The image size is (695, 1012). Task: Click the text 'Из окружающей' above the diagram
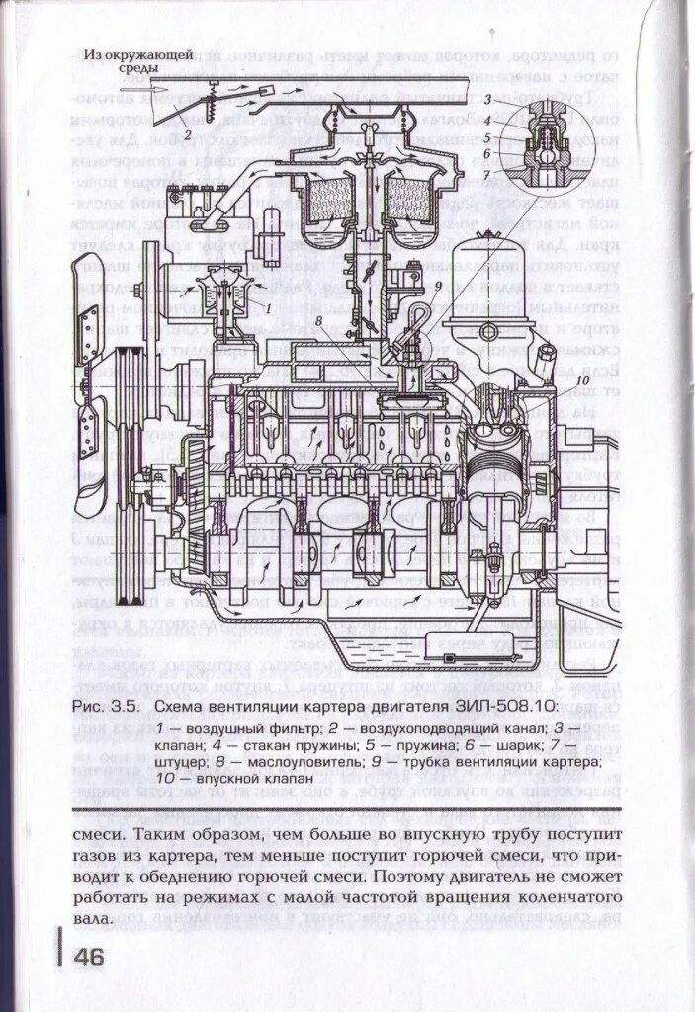coord(136,54)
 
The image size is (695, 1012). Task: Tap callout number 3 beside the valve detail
coord(487,100)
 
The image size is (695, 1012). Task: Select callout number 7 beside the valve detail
coord(487,175)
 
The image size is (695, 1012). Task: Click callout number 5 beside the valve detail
coord(487,137)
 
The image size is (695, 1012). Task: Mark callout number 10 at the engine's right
coord(581,379)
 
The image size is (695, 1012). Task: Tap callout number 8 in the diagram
coord(320,320)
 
